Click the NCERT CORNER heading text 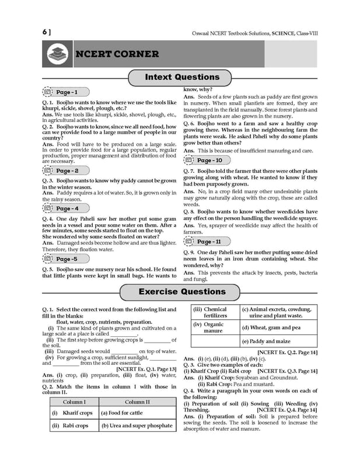[117, 54]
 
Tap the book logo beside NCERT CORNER [58, 54]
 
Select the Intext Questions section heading [181, 77]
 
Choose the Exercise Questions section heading [181, 291]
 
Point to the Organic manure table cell [214, 328]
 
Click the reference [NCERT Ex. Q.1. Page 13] [142, 369]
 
